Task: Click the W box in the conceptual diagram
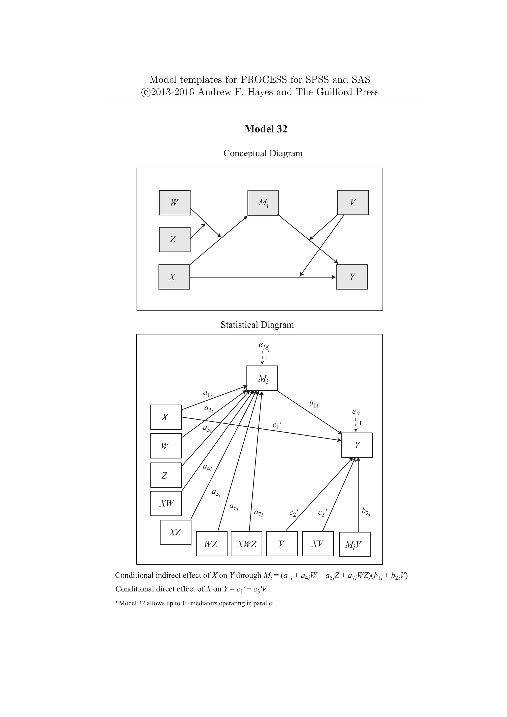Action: (175, 203)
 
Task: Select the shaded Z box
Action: (175, 239)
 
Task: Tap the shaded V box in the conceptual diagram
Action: (353, 202)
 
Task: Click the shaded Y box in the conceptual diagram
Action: (352, 277)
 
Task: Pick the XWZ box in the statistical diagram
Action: (246, 544)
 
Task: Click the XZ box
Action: (176, 533)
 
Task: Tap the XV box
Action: (318, 544)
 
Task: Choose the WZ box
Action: (211, 544)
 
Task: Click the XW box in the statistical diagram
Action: (166, 503)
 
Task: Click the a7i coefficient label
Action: (258, 513)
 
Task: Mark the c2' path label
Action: (293, 513)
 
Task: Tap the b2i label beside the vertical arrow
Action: (366, 512)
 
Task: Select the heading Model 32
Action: (266, 129)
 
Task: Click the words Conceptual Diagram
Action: (263, 153)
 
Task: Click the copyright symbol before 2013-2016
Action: (146, 92)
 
